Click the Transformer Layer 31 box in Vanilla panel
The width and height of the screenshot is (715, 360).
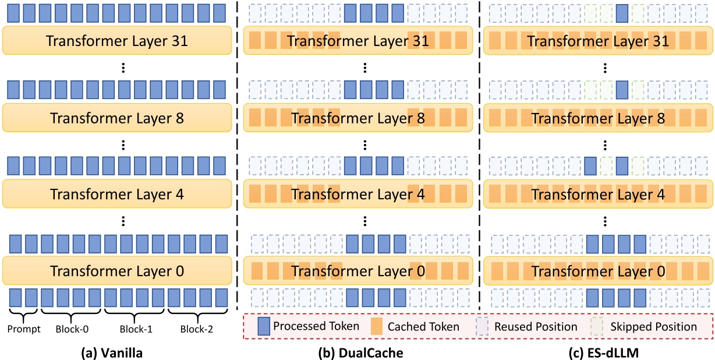[116, 41]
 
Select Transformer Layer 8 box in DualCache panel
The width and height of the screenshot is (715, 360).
[357, 118]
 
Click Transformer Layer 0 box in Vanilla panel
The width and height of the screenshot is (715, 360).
[116, 271]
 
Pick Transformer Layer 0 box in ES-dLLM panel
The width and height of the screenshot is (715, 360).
[599, 271]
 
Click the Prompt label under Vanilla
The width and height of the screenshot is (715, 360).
[24, 329]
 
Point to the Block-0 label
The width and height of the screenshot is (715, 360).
[73, 329]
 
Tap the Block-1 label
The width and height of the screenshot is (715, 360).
[136, 329]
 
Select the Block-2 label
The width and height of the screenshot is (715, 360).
[197, 329]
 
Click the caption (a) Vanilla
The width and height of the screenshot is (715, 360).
[116, 352]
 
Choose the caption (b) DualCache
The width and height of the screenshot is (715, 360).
[357, 352]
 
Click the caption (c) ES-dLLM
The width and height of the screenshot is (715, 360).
[599, 352]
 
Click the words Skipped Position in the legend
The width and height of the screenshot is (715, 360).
[654, 327]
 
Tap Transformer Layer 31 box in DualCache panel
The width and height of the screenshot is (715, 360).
[357, 41]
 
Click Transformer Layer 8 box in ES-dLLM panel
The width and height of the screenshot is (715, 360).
[599, 118]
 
